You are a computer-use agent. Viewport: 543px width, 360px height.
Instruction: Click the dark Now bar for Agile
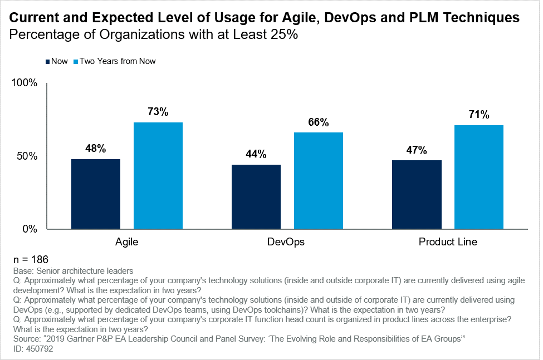(96, 194)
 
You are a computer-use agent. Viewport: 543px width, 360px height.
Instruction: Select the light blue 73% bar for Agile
(158, 175)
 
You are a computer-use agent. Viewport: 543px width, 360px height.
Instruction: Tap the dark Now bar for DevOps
(256, 196)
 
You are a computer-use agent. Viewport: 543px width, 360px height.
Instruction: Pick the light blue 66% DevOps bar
(319, 180)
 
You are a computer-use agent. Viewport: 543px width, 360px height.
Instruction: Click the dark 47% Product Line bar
(417, 194)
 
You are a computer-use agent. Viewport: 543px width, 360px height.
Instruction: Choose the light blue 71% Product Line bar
(479, 177)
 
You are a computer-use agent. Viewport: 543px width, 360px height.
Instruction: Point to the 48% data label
(96, 149)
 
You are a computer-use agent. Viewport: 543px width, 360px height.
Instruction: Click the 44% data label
(256, 154)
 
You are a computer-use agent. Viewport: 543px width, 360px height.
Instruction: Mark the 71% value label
(479, 115)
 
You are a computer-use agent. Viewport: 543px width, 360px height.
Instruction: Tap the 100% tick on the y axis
(25, 83)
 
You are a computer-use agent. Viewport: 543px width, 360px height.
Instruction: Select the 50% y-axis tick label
(27, 156)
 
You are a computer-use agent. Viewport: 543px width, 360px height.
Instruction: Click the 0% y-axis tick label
(30, 229)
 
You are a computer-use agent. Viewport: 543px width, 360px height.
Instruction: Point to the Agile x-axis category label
(127, 242)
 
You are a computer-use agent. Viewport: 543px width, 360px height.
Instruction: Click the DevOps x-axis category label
(287, 242)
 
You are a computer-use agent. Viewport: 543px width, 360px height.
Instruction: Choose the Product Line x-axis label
(448, 242)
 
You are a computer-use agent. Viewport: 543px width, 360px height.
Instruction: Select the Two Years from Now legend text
(118, 61)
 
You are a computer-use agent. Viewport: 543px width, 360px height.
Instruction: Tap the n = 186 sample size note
(30, 259)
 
